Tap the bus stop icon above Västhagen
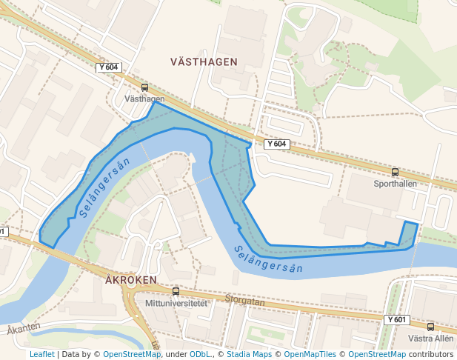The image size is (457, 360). point(144,87)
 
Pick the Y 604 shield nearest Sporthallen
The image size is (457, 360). point(276,144)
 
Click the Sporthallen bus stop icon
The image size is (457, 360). point(395,172)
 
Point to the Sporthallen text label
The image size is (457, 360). point(395,183)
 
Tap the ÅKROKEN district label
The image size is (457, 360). point(131,280)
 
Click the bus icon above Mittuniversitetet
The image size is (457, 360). point(176,292)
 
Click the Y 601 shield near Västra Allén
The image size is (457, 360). point(397,319)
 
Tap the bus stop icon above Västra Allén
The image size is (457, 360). point(430,327)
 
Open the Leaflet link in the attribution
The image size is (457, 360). point(41,354)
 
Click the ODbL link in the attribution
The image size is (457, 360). point(199,354)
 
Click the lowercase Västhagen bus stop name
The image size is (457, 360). point(144,99)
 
